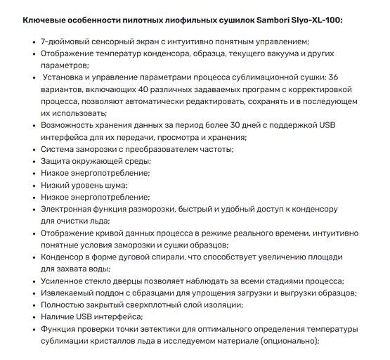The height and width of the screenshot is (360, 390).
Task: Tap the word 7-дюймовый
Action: [65, 42]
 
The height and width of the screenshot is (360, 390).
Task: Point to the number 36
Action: [333, 77]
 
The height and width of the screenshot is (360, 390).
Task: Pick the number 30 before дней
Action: [221, 125]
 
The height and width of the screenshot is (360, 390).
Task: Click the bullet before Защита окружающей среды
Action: [33, 161]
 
